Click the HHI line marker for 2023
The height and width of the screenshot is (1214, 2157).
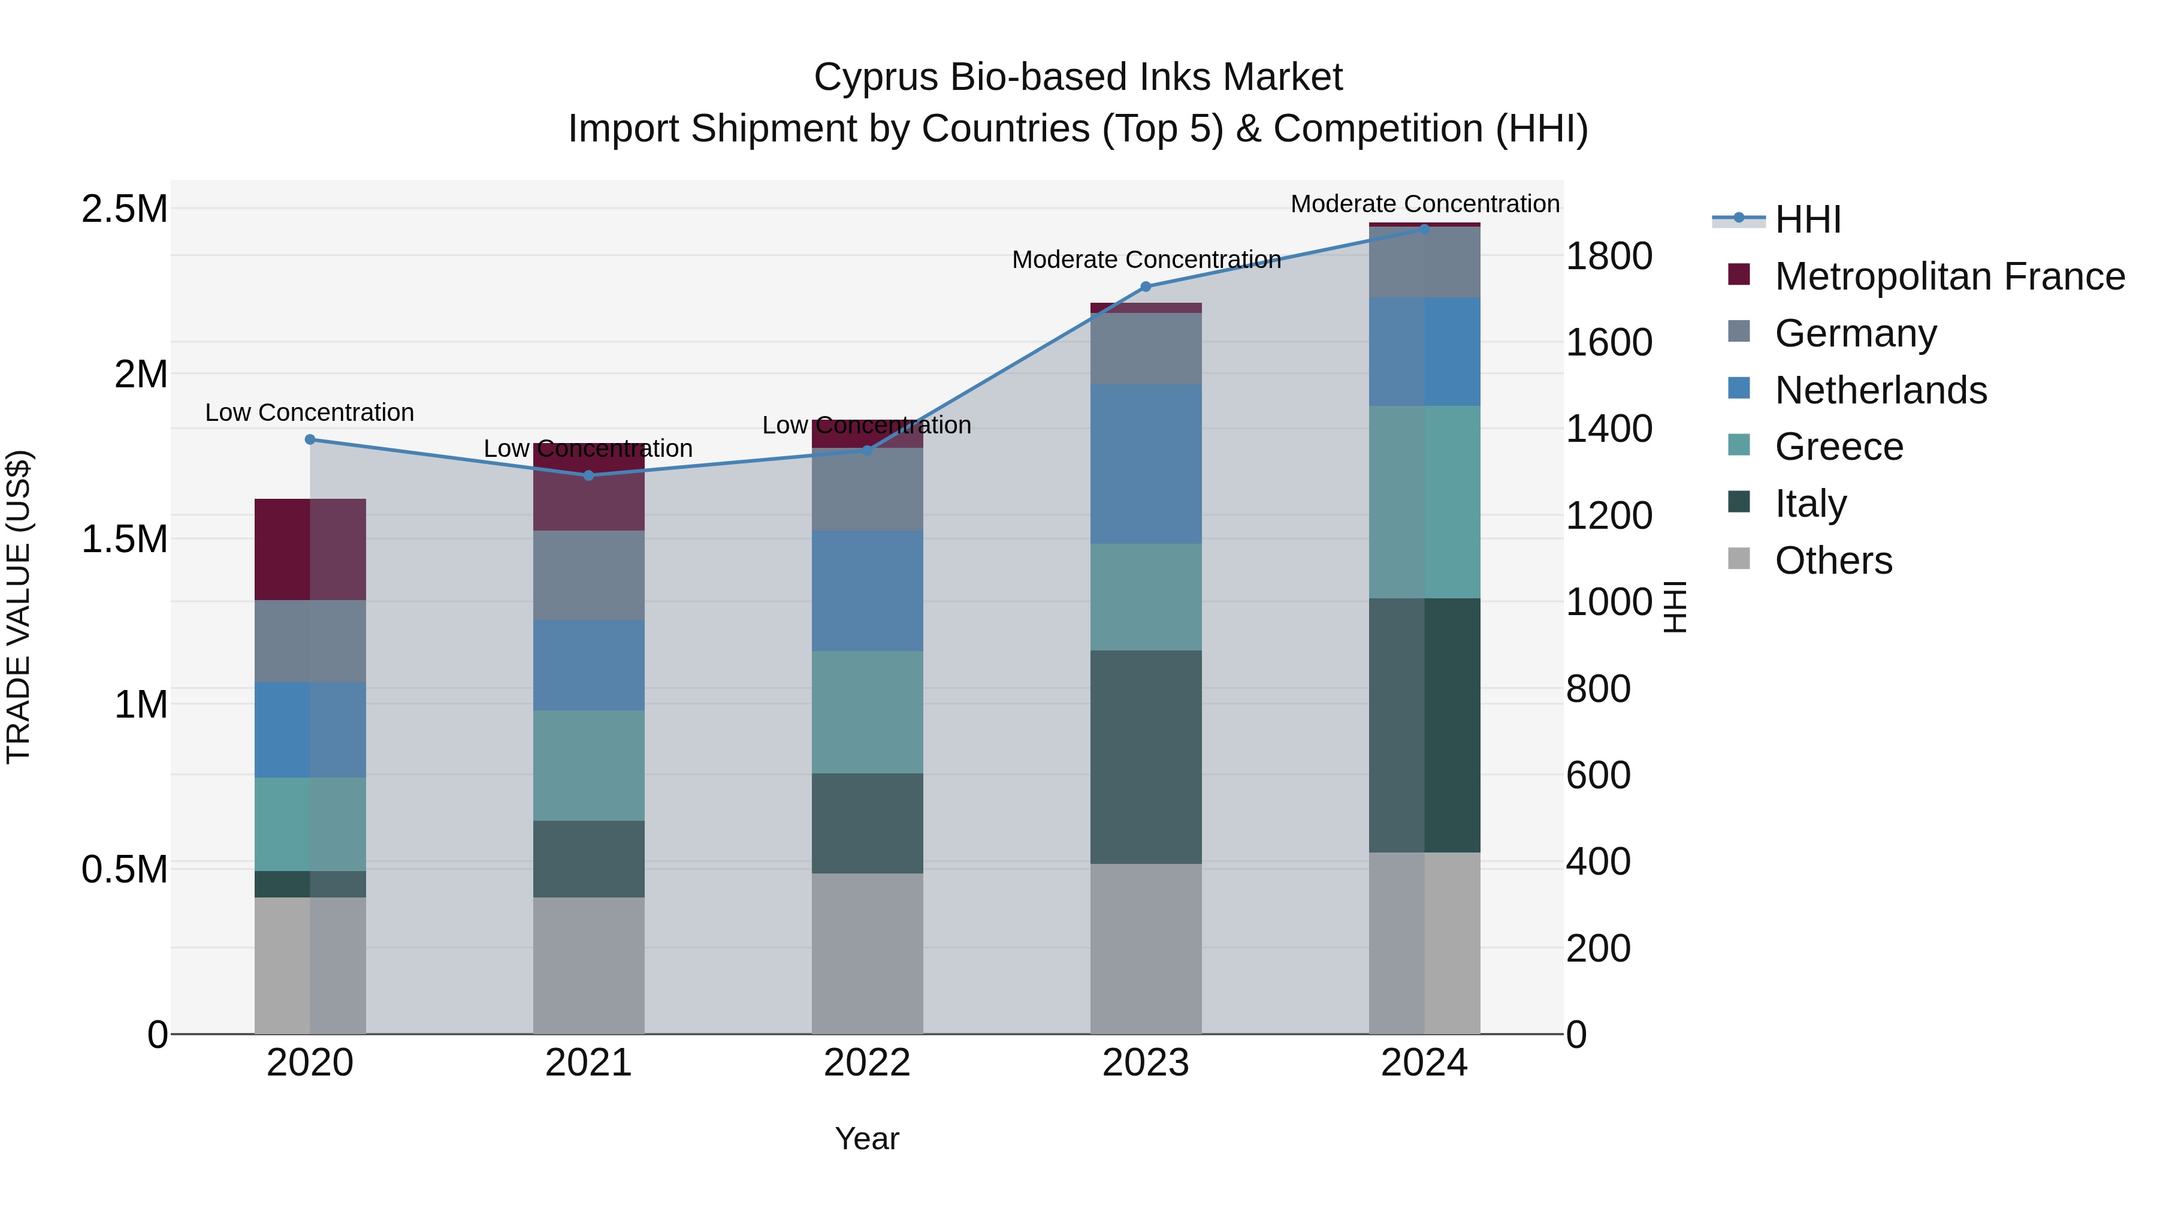click(x=1146, y=287)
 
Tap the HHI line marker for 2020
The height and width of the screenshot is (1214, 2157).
click(x=310, y=439)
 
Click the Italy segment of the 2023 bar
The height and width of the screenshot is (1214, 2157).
click(x=1146, y=757)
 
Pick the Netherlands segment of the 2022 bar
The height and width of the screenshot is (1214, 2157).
click(x=868, y=591)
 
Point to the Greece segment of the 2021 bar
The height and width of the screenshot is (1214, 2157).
click(x=588, y=765)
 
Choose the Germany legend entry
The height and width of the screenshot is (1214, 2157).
click(x=1856, y=333)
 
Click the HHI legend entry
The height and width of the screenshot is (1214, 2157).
click(x=1807, y=219)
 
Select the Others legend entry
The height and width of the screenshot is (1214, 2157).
click(x=1833, y=561)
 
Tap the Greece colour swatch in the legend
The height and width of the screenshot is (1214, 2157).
click(x=1739, y=445)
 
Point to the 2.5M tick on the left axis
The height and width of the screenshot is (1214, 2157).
click(x=125, y=209)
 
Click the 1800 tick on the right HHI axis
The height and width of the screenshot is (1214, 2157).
click(x=1609, y=257)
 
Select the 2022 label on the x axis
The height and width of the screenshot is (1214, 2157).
click(x=868, y=1063)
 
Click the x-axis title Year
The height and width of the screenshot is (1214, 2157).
click(x=868, y=1138)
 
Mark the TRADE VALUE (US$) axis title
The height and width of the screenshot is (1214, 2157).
click(x=19, y=607)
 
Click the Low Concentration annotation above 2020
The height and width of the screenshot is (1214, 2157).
click(x=310, y=412)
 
